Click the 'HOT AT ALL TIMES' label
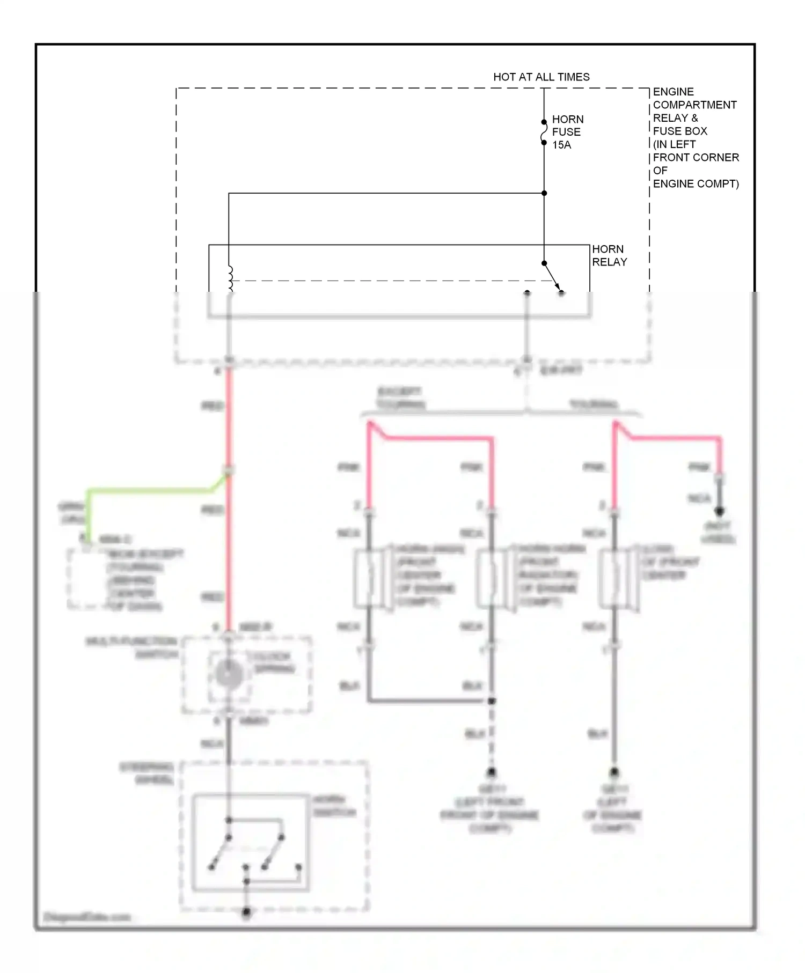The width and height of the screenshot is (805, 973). [541, 77]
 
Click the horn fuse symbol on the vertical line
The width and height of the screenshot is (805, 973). [544, 132]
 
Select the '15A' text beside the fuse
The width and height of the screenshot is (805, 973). [561, 145]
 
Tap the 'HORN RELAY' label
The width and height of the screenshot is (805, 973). [609, 256]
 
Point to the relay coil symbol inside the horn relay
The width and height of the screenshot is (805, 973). [230, 278]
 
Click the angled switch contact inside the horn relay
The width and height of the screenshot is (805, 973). [553, 278]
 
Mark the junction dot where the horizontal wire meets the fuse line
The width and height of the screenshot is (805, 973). [544, 193]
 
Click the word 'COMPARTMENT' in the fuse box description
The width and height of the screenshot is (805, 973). [694, 105]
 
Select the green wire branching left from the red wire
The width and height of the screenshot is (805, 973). [150, 490]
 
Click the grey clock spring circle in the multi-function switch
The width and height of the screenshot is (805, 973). [229, 674]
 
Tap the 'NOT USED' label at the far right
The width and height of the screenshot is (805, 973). [718, 532]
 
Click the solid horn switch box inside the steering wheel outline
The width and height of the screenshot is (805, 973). [251, 842]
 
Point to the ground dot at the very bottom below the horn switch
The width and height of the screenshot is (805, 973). [246, 912]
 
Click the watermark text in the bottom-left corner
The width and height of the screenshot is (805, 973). [87, 917]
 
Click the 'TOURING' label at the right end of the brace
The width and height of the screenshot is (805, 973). [594, 404]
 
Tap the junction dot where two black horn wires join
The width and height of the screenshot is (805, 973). [492, 701]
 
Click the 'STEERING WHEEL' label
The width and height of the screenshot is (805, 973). [146, 773]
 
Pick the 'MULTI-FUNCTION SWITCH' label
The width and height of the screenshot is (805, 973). [132, 647]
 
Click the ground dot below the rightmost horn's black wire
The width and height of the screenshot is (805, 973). [614, 772]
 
